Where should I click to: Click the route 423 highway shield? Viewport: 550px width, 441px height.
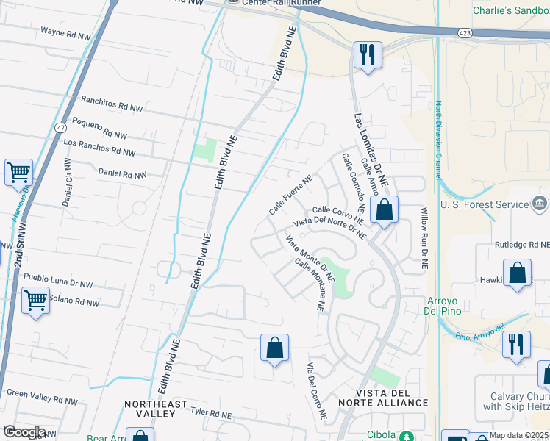[x=464, y=33]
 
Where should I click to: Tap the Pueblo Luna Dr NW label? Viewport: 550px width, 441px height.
[x=59, y=280]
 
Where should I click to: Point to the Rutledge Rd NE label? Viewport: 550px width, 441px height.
[x=521, y=245]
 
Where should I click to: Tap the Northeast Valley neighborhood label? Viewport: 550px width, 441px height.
[x=151, y=409]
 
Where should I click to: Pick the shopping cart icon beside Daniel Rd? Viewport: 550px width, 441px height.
[x=18, y=173]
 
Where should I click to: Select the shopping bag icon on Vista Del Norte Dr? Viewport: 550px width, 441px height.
[x=384, y=210]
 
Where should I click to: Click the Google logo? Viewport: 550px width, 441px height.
[x=25, y=432]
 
